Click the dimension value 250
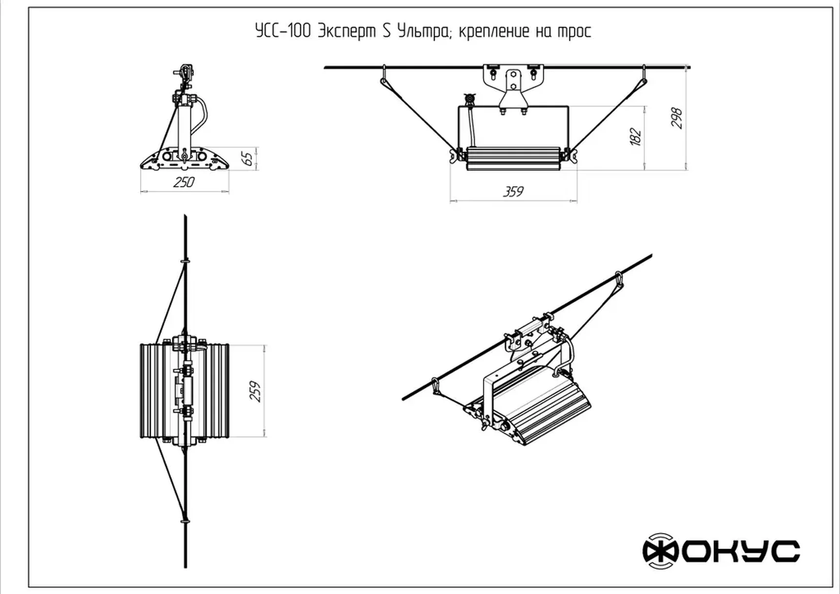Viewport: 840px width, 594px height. (x=184, y=182)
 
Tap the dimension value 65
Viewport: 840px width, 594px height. (x=248, y=158)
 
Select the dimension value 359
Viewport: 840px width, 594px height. (x=513, y=191)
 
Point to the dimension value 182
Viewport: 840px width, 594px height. (x=635, y=136)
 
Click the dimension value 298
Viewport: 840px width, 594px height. (x=676, y=118)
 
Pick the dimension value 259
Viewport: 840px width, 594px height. (x=255, y=391)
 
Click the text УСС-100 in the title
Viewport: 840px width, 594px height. (x=283, y=31)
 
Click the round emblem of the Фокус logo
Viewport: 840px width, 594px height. (x=660, y=551)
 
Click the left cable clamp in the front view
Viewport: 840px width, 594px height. (x=384, y=75)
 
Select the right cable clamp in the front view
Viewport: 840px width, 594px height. (x=644, y=75)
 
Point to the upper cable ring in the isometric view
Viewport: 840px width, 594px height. (x=619, y=280)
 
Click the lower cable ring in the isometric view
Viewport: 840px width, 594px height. (x=435, y=386)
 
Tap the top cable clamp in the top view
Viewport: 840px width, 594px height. (x=185, y=262)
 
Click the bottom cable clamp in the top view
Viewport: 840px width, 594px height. (x=185, y=520)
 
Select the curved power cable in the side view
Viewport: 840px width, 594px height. (x=200, y=114)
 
